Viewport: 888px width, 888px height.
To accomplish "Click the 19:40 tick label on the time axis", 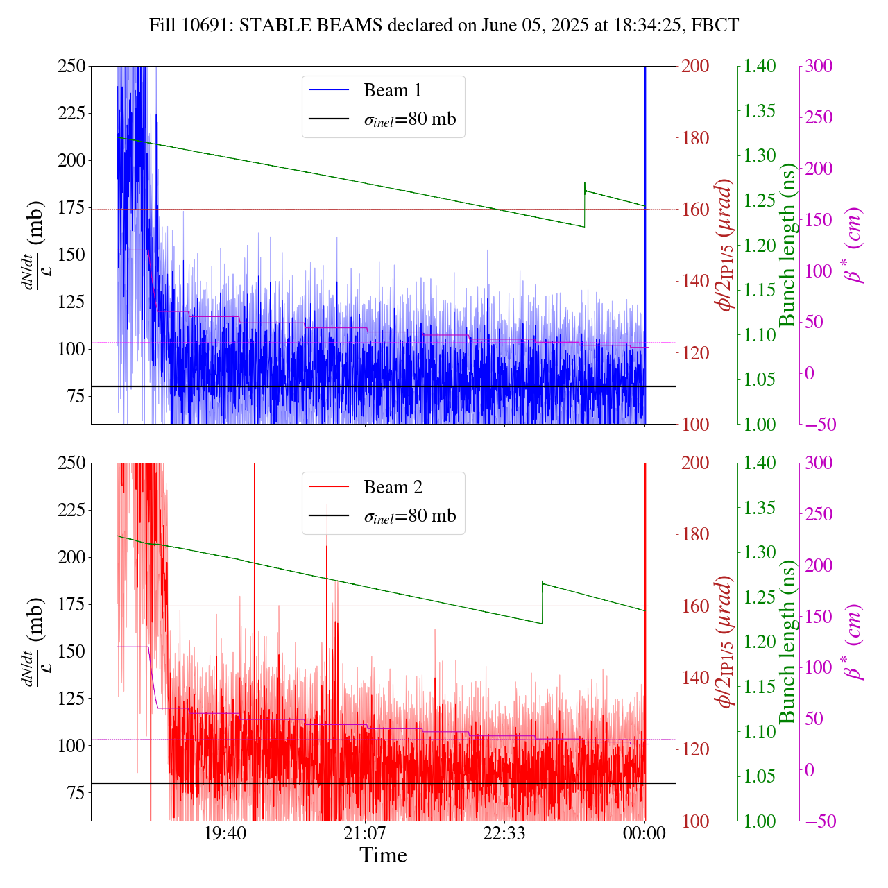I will [225, 833].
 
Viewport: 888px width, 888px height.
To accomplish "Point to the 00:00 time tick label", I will [644, 833].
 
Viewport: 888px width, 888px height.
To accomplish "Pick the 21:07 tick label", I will [365, 833].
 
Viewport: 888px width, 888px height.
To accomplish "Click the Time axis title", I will [383, 856].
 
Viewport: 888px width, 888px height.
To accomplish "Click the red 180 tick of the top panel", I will [697, 138].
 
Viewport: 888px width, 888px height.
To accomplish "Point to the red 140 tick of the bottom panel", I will [697, 678].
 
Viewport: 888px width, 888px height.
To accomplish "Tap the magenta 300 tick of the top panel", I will [819, 67].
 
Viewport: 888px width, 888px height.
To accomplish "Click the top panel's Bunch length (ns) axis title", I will [787, 245].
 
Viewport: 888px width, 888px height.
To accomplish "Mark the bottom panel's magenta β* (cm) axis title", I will [853, 642].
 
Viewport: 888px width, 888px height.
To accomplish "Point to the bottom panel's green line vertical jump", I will [542, 603].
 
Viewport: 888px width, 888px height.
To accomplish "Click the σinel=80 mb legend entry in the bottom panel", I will [409, 516].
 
